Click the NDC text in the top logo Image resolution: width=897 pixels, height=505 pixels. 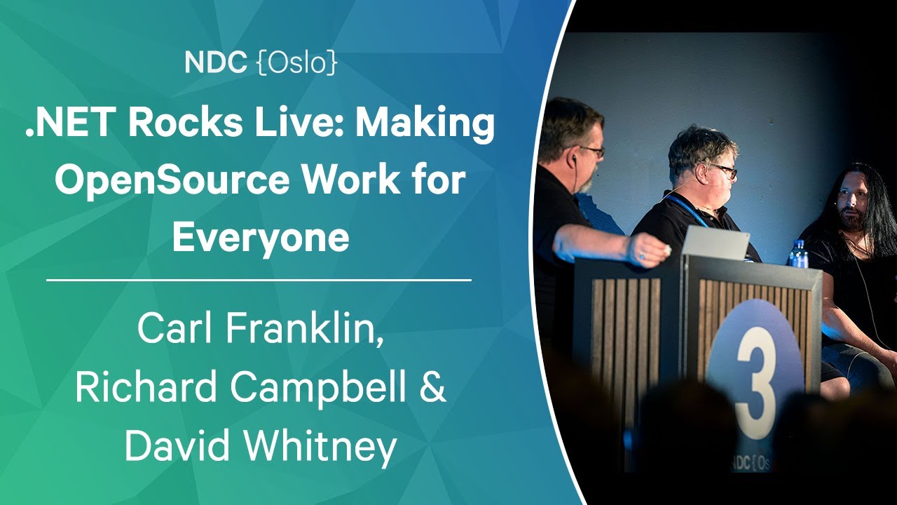[215, 62]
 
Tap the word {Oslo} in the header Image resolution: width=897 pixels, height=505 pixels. [297, 62]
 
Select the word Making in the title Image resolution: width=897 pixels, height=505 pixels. [425, 125]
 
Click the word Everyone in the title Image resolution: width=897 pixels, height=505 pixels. [261, 239]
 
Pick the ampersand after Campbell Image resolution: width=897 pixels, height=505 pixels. [434, 386]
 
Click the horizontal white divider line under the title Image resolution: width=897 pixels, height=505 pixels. [259, 280]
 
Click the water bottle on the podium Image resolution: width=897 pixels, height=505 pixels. [798, 254]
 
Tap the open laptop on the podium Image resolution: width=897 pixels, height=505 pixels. [715, 242]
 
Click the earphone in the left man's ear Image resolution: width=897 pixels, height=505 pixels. [574, 159]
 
